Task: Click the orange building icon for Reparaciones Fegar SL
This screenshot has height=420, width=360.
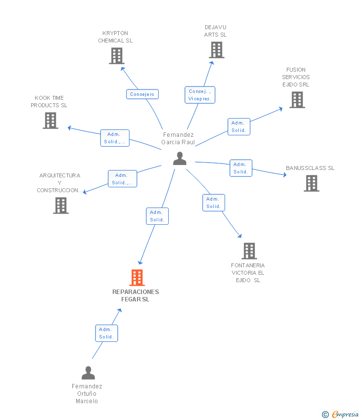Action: tap(137, 278)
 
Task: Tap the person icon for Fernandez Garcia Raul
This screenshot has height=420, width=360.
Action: tap(180, 158)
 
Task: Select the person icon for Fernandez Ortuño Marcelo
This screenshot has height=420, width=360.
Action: tap(88, 373)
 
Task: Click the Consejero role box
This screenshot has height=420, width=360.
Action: tap(142, 94)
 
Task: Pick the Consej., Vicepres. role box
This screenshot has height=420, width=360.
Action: tap(200, 95)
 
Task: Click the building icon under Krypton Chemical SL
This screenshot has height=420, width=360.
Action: tap(117, 56)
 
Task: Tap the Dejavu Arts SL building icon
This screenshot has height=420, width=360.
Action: tap(217, 50)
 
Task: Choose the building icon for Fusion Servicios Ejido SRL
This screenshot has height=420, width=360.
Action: tap(297, 100)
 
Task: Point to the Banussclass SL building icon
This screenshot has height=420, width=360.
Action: tap(312, 183)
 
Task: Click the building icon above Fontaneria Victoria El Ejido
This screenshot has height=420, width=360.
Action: tap(249, 251)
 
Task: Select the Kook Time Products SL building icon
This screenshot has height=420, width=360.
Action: tap(50, 120)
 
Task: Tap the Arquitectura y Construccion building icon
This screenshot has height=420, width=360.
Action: tap(61, 206)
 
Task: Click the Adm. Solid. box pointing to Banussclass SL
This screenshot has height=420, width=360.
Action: tap(241, 168)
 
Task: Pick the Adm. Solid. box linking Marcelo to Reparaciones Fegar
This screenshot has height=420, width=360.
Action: tap(107, 333)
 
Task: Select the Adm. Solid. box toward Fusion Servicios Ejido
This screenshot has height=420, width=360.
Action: tap(239, 126)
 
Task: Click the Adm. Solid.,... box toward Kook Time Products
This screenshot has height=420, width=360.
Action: tap(115, 138)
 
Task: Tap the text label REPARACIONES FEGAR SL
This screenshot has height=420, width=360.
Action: tap(135, 295)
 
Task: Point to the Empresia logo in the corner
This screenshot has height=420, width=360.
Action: tap(340, 415)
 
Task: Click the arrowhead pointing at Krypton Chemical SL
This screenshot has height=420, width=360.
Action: tap(123, 69)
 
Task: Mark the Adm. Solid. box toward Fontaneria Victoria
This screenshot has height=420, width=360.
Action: tap(214, 203)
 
